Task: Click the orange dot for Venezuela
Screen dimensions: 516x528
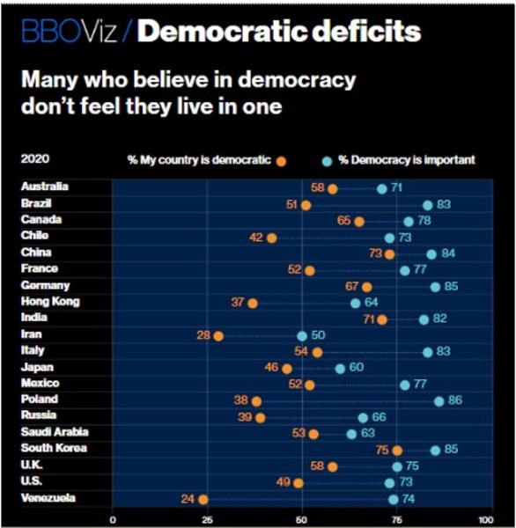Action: [203, 499]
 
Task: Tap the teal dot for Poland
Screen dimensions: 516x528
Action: [439, 401]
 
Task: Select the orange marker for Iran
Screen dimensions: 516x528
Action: [218, 336]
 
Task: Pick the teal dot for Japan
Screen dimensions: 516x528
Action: [340, 369]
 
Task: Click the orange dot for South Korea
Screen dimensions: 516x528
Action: [397, 451]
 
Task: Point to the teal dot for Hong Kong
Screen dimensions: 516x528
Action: [355, 304]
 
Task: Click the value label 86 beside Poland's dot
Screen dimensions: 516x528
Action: [455, 400]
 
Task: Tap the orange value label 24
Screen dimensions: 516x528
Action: [188, 499]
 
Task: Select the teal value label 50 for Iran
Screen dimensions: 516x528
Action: [318, 335]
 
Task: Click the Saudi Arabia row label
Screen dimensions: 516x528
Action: [55, 432]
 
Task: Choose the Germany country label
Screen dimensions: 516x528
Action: [45, 285]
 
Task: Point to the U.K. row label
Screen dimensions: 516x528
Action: [32, 465]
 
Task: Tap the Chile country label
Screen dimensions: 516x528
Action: [34, 235]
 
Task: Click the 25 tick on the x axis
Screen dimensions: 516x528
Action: [207, 520]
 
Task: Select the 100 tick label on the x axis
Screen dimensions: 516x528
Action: [486, 520]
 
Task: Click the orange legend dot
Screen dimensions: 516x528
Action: [281, 162]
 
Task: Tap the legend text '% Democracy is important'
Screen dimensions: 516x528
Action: [407, 160]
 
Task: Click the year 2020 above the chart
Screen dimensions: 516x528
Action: [35, 158]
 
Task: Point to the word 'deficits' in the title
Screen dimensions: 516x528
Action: [366, 31]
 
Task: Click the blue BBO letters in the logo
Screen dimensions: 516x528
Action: [52, 32]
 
